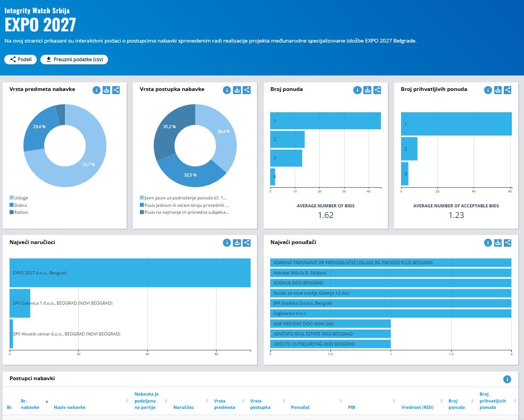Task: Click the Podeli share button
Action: (x=20, y=60)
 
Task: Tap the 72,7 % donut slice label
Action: (x=88, y=164)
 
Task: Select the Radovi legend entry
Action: (x=21, y=212)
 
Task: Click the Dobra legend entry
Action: (x=21, y=205)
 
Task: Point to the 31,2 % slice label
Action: (x=170, y=127)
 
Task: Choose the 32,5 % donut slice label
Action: (x=190, y=175)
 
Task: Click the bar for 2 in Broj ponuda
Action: (x=287, y=139)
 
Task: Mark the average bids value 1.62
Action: (x=326, y=215)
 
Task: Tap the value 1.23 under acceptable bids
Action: (x=456, y=215)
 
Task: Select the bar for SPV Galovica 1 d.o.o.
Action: (x=20, y=303)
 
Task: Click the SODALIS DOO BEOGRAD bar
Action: (x=390, y=283)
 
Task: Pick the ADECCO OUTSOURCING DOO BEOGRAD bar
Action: (x=330, y=344)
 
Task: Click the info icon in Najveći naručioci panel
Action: (x=227, y=243)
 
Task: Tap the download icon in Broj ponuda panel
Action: (x=368, y=90)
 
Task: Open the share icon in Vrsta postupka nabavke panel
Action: (x=247, y=90)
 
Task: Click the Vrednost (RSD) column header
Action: (x=421, y=408)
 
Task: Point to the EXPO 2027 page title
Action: (x=40, y=24)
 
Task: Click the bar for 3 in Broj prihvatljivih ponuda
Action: (x=404, y=174)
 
